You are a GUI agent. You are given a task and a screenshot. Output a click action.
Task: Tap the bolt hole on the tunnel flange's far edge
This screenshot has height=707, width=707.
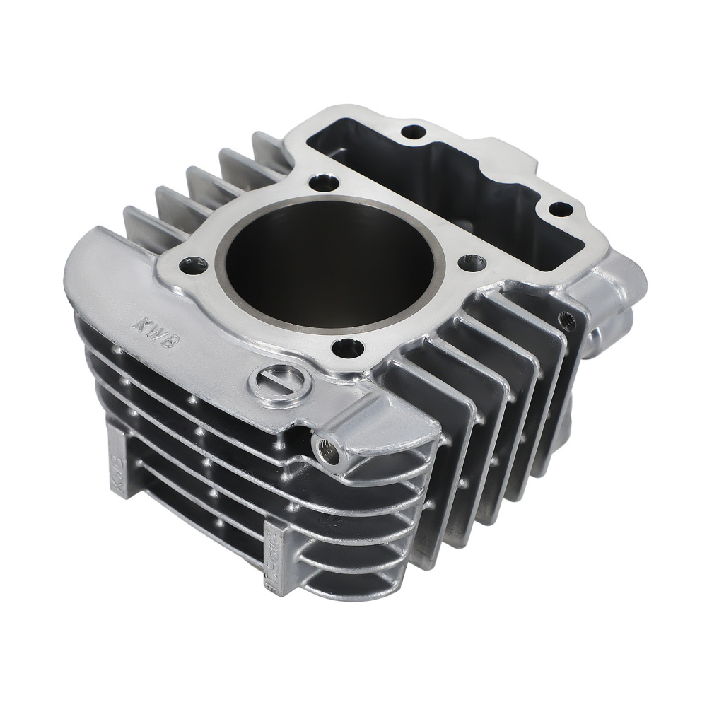tap(413, 132)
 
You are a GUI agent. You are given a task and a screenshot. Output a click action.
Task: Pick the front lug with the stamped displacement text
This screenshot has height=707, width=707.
tap(276, 551)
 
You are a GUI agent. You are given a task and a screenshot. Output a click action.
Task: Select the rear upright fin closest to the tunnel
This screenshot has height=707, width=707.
tap(265, 145)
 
